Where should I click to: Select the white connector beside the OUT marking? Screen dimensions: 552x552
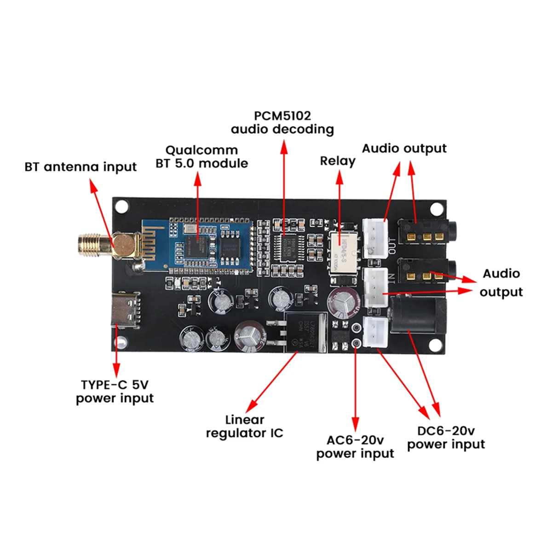point(375,237)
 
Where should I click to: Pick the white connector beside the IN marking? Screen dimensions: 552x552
point(375,288)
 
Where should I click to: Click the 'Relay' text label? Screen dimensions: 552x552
point(338,161)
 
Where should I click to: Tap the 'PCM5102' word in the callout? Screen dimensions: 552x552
point(282,115)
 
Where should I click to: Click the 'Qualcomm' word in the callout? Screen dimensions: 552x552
point(201,150)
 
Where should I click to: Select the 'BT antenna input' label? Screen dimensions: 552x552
point(80,167)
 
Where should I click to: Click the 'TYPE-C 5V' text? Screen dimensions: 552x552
point(115,385)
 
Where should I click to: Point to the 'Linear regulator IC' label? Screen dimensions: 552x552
point(244,426)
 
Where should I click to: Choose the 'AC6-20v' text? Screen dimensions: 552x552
point(355,440)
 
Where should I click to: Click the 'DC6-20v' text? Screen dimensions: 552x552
point(446,431)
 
